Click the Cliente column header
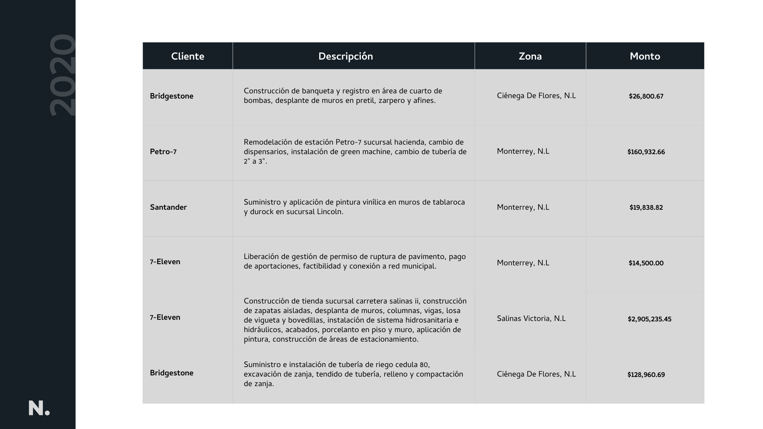click(x=188, y=56)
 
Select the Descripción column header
click(x=345, y=56)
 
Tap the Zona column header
click(x=530, y=56)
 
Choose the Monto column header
click(x=645, y=56)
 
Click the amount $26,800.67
click(x=646, y=97)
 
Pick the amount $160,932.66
click(x=646, y=152)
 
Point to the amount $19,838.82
click(x=646, y=208)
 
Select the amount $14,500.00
click(x=646, y=263)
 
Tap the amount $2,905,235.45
click(x=649, y=319)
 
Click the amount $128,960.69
click(x=646, y=375)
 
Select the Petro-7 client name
click(x=163, y=152)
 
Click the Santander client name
click(x=168, y=207)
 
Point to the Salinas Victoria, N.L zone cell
click(x=531, y=319)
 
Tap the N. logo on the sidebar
click(x=39, y=408)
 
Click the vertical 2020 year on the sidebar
click(x=62, y=75)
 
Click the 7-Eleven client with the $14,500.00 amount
click(x=165, y=262)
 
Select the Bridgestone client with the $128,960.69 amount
click(x=171, y=373)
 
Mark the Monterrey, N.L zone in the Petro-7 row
click(x=523, y=151)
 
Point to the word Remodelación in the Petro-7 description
click(x=268, y=142)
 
